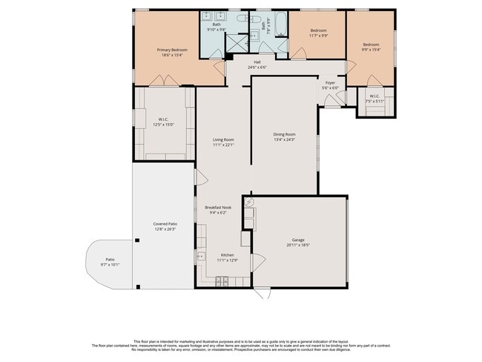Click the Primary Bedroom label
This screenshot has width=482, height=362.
click(x=172, y=50)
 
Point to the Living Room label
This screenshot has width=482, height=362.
click(x=223, y=139)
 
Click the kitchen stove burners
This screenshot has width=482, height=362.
click(x=222, y=281)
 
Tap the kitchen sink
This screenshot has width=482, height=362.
click(x=200, y=257)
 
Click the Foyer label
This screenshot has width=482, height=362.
click(x=331, y=82)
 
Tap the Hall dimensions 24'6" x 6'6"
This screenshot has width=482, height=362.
click(x=257, y=68)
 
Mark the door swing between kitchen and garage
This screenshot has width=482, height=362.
click(x=259, y=262)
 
